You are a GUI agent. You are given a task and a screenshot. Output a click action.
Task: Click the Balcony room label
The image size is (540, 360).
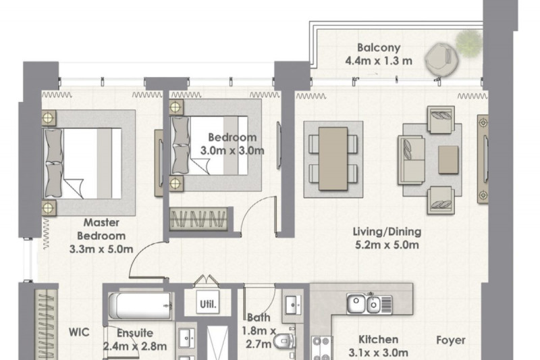[x=379, y=47]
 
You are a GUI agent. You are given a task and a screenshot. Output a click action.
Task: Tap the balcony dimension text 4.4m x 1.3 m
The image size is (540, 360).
[x=379, y=61]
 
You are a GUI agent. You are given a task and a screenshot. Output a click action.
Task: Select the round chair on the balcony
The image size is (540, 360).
[x=441, y=58]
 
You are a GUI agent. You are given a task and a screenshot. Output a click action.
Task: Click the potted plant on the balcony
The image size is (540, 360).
[x=468, y=43]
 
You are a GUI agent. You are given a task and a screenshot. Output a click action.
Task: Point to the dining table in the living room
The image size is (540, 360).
[x=333, y=159]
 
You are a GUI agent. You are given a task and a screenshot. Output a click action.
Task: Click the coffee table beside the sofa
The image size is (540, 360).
[x=448, y=160]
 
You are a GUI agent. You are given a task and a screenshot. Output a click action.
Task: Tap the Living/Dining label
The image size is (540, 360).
[x=387, y=232]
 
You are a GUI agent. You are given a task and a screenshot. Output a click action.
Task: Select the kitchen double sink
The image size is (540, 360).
[x=369, y=303]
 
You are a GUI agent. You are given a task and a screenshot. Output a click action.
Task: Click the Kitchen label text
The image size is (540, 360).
[x=378, y=339]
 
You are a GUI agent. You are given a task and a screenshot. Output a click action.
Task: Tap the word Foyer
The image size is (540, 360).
[x=450, y=340]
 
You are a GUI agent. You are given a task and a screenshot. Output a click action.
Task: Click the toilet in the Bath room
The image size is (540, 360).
[x=284, y=341]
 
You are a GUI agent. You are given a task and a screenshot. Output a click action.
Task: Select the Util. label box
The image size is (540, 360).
[x=208, y=303]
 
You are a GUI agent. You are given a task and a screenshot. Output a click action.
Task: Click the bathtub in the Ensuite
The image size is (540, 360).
[x=140, y=305]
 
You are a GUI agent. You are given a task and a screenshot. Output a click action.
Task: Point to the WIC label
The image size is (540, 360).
[x=79, y=332]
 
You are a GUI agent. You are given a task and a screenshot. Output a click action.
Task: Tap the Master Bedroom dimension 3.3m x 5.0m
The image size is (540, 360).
[x=101, y=249]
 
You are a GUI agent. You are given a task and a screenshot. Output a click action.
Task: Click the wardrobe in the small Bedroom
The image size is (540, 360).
[x=198, y=218]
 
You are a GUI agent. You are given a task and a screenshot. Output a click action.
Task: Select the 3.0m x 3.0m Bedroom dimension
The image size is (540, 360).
[x=232, y=151]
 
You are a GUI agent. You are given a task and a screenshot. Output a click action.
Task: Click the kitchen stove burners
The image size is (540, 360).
[x=321, y=348]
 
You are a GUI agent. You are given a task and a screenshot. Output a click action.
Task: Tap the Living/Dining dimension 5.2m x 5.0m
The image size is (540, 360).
[x=387, y=245]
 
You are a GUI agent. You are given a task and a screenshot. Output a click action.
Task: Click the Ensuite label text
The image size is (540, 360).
[x=134, y=333]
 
